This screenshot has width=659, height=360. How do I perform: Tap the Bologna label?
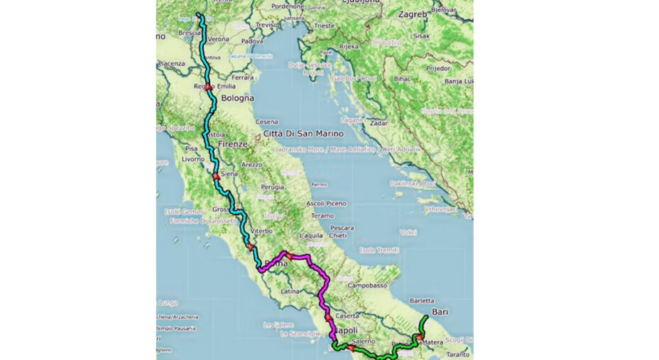(x=236, y=99)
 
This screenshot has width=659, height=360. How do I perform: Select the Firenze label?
(x=233, y=143)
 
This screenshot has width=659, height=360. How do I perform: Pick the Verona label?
(x=219, y=39)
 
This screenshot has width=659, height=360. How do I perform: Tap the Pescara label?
(x=342, y=228)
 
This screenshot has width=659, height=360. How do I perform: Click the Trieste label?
(x=324, y=26)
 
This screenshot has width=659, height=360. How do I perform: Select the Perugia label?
(x=272, y=187)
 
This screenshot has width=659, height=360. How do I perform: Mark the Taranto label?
(x=458, y=354)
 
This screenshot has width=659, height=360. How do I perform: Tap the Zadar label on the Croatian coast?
(x=378, y=123)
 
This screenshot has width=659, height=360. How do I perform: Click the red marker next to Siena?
(x=214, y=176)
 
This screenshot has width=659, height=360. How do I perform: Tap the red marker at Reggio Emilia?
(x=207, y=87)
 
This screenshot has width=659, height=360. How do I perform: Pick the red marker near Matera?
(x=420, y=337)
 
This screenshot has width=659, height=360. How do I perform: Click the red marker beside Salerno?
(x=350, y=348)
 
